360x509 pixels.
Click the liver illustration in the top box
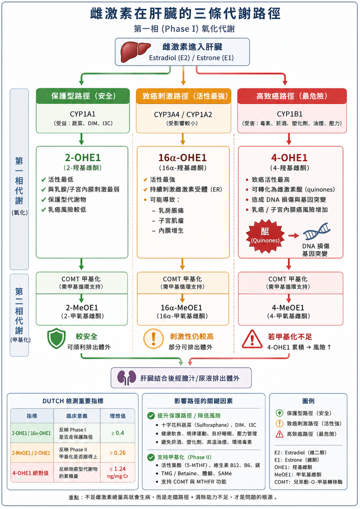coord(135,52)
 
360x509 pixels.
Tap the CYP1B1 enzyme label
coord(290,114)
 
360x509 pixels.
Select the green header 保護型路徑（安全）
coord(83,96)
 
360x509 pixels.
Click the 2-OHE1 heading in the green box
coord(83,157)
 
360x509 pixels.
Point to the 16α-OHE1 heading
coord(182,157)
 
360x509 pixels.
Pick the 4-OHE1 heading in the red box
coord(289,157)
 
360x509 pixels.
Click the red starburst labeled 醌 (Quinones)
coord(265,236)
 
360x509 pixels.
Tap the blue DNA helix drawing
coord(317,231)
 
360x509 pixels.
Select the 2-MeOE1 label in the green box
coord(82,307)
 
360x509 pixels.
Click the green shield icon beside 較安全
coord(56,338)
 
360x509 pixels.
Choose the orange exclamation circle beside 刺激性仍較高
coord(153,338)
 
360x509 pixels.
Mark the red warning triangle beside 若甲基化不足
coord(252,339)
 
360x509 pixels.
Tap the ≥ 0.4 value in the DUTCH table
coord(118,433)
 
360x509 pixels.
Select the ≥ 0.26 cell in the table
coord(118,453)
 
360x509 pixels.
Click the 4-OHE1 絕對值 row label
coord(31,473)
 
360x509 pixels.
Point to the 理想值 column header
coord(118,416)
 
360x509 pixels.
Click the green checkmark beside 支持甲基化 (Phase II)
coord(151,457)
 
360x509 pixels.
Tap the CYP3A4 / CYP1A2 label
coord(183,115)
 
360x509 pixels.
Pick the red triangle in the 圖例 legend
coord(279,434)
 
